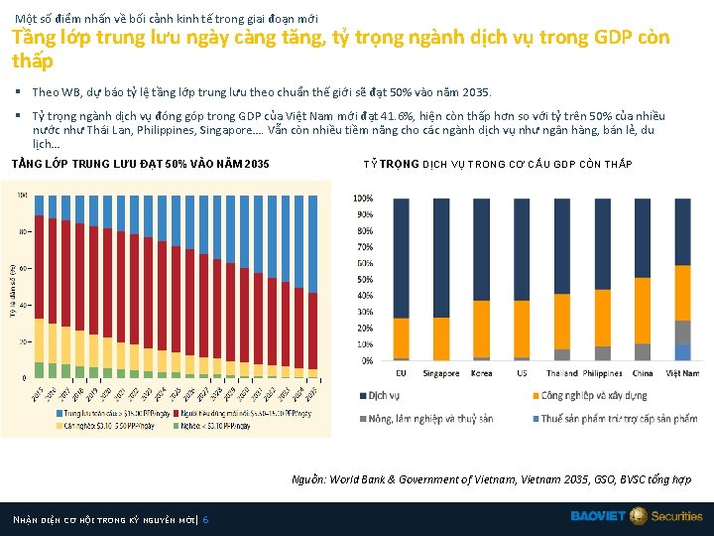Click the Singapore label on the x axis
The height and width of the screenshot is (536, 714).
[441, 373]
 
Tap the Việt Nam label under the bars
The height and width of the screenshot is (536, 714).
[682, 373]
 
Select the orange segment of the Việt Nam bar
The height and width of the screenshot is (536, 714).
[682, 284]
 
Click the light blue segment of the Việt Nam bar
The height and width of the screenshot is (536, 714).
[682, 352]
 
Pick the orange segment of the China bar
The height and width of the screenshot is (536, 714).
[642, 311]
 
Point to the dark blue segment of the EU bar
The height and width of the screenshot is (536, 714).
[401, 258]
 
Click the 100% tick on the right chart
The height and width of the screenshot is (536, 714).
[363, 199]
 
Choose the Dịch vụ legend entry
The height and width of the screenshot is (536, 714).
[383, 396]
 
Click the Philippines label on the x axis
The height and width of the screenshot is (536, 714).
[602, 373]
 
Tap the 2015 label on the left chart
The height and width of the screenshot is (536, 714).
[37, 393]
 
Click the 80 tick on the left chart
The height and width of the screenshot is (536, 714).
[22, 232]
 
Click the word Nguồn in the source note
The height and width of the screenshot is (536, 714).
[307, 479]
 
